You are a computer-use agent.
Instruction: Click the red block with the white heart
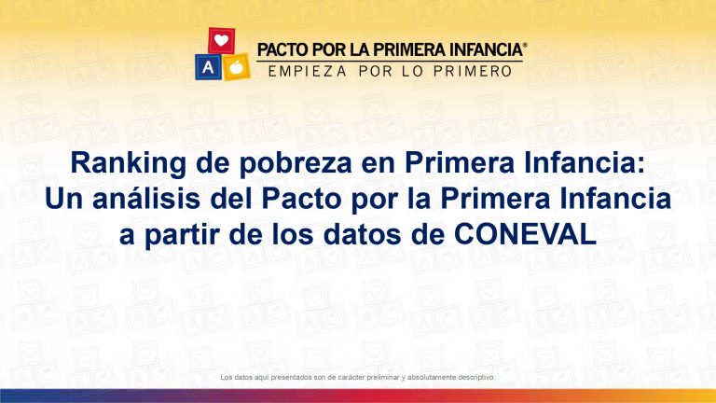[x=222, y=40]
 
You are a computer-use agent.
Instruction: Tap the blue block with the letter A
[x=208, y=67]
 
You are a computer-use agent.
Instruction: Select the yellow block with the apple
[x=236, y=67]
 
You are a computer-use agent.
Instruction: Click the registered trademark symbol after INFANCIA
[x=525, y=45]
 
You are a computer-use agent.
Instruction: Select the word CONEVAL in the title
[x=525, y=235]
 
